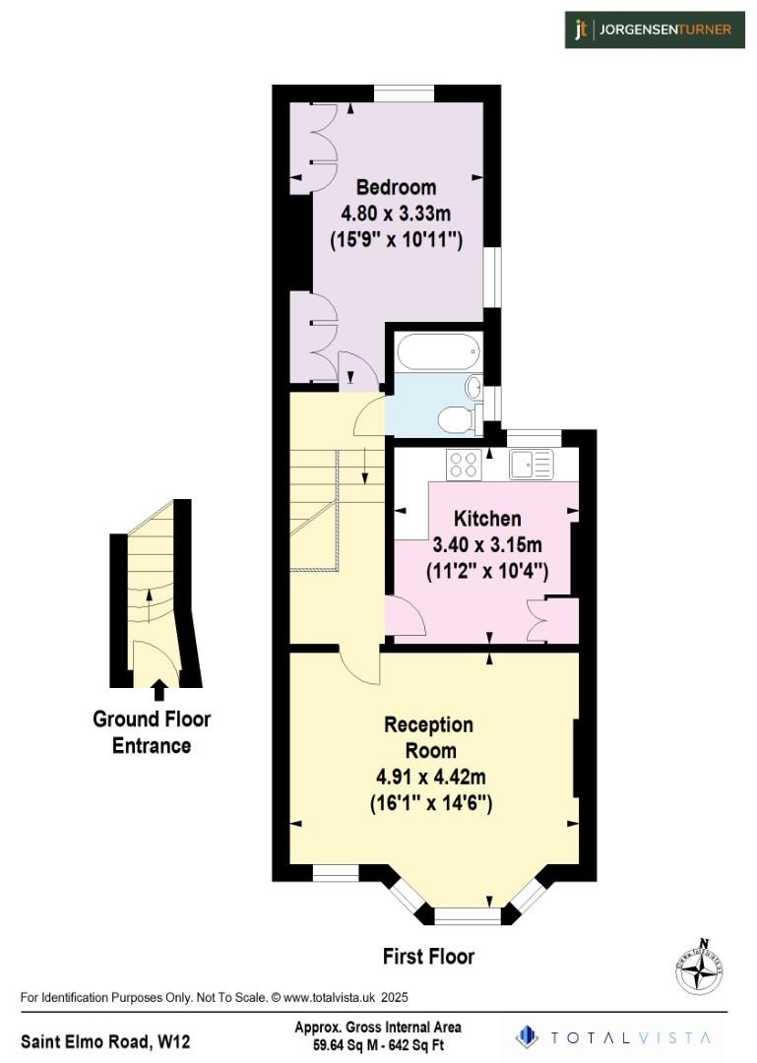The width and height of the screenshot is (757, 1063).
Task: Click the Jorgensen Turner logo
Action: coord(654,30)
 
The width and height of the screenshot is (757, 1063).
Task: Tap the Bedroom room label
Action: coord(396,187)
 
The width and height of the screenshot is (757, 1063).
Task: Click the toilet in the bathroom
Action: coord(456,419)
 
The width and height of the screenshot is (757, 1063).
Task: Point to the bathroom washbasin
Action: coord(473,387)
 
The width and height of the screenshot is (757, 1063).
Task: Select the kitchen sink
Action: coord(532,464)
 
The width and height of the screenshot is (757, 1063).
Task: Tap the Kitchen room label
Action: coord(487,519)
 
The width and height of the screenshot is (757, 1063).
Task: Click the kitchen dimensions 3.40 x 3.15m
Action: coord(487,544)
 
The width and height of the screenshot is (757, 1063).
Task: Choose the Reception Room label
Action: coord(428,737)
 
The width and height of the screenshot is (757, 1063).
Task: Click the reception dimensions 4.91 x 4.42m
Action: coord(428,778)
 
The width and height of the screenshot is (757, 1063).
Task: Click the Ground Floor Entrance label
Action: coord(152,732)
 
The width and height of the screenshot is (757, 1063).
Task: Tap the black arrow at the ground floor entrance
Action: coord(158,688)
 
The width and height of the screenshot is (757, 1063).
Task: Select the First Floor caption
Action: coord(428,956)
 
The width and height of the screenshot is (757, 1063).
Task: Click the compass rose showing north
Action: coord(700,966)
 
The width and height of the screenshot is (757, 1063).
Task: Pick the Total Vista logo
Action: coord(614,1036)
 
